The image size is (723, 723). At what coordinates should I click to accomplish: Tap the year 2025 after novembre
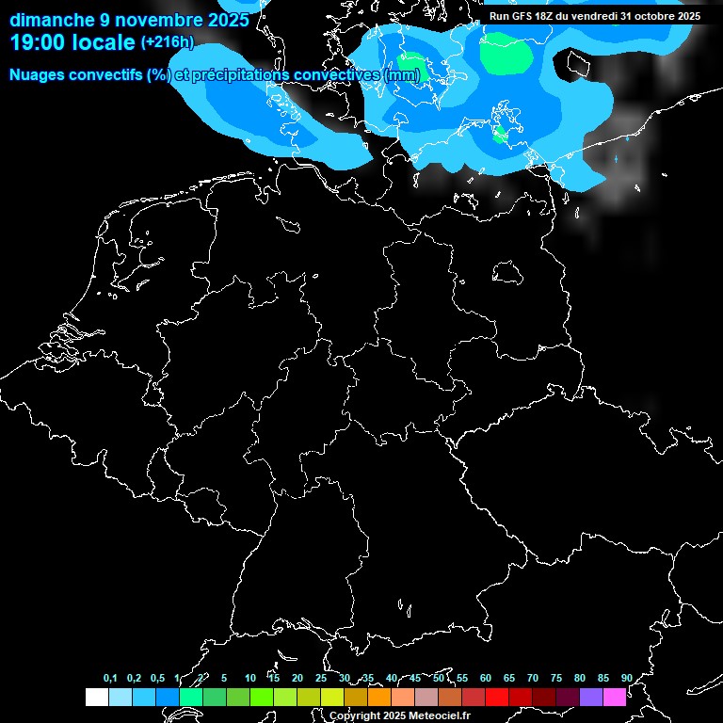[228, 20]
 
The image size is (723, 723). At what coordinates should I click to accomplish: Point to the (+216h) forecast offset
[168, 42]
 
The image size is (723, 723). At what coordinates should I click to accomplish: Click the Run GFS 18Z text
[527, 16]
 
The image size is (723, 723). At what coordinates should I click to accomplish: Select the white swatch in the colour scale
[96, 698]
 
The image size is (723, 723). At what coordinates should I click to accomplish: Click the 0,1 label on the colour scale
[110, 678]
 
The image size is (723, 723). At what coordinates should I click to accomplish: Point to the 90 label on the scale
[626, 678]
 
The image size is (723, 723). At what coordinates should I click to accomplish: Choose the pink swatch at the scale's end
[615, 698]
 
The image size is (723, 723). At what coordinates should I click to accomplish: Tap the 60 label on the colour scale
[485, 678]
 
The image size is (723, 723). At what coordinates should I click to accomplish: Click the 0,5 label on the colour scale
[157, 678]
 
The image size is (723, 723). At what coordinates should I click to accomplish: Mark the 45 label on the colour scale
[415, 678]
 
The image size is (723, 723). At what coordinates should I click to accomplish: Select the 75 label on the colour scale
[555, 678]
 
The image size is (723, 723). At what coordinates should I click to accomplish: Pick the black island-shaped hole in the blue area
[576, 64]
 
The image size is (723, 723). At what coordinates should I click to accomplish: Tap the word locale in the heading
[103, 42]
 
